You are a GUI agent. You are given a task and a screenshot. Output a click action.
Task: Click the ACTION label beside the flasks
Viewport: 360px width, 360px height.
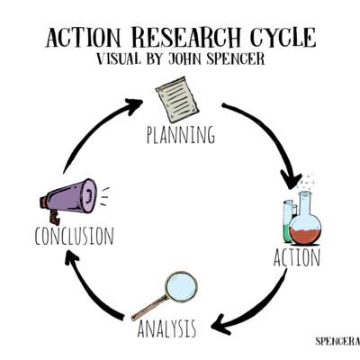pos(297,257)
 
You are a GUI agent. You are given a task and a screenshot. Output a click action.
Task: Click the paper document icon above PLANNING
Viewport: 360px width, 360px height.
pos(177,100)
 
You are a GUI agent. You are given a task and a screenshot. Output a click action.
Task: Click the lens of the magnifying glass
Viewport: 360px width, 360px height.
pos(183,285)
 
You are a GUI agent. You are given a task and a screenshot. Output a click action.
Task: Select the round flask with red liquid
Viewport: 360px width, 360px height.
pos(306,225)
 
